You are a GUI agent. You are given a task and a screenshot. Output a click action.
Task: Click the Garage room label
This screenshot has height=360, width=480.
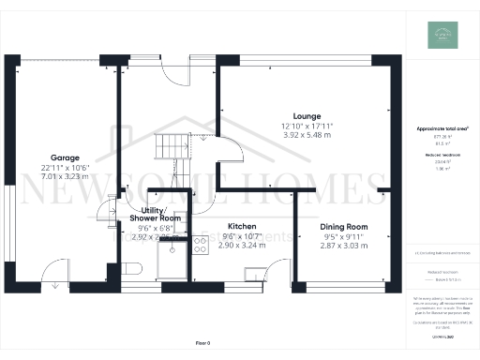[x=65, y=157]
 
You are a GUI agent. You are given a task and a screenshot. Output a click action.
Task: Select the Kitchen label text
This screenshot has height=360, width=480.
[x=242, y=226]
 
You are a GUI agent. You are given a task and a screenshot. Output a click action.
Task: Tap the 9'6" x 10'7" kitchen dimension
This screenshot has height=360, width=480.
[x=242, y=236]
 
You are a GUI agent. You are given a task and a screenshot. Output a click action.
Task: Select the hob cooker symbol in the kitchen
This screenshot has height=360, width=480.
[x=201, y=246]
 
